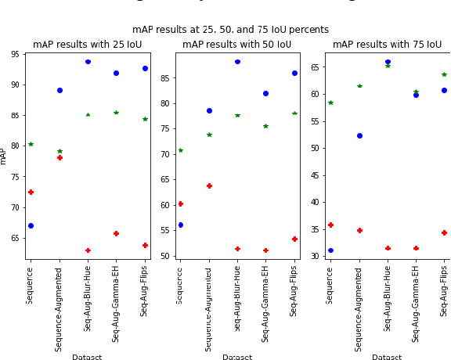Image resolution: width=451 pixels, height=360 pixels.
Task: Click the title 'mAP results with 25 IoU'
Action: pos(88,45)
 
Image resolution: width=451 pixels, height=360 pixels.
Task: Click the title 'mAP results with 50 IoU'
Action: pos(236,45)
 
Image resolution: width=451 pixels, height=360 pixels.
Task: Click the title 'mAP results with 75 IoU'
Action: pos(387,45)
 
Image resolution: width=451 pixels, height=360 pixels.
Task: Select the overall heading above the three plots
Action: pos(230,30)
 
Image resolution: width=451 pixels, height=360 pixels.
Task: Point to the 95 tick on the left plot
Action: pos(16,55)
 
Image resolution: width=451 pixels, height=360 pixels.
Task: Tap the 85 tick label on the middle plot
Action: pos(166,78)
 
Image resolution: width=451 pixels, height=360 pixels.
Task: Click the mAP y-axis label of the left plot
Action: pos(4,156)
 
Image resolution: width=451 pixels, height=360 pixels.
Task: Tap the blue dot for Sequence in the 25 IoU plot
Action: pos(31,225)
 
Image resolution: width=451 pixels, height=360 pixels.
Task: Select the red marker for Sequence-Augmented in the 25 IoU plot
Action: pos(60,157)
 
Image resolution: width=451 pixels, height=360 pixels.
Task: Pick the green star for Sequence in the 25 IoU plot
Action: pos(31,144)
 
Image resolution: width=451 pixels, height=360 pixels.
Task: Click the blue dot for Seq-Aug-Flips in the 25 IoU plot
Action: pos(145,68)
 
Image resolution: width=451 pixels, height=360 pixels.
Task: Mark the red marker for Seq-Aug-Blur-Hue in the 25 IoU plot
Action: pos(88,250)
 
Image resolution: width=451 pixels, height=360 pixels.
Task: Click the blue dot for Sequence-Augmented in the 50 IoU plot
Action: pos(209,110)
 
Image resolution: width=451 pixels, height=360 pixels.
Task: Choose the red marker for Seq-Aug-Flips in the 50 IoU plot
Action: pos(294,239)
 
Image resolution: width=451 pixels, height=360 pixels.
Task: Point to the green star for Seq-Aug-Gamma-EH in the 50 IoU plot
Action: pos(265,125)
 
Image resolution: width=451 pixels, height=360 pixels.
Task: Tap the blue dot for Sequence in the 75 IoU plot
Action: pos(330,250)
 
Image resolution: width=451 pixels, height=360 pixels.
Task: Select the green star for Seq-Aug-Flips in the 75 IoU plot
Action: pos(444,74)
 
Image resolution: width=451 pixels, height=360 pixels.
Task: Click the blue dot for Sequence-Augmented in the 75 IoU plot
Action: pos(359,135)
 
